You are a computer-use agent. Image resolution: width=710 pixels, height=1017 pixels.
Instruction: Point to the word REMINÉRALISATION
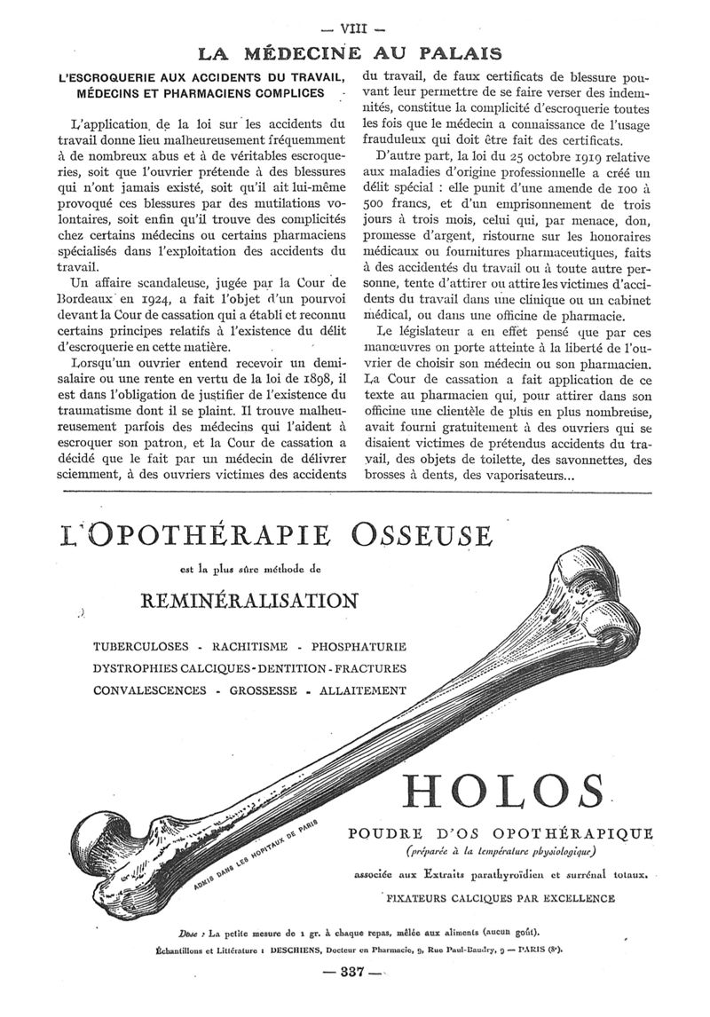(250, 601)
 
